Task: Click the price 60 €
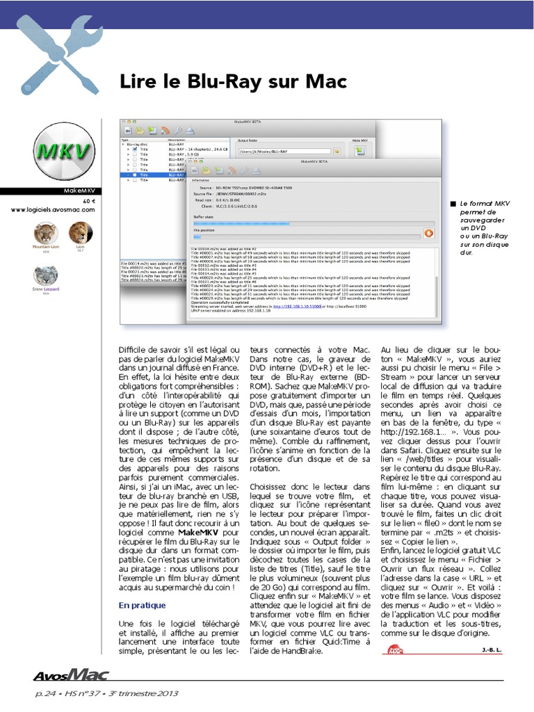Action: tap(88, 200)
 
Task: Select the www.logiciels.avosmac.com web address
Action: tap(54, 209)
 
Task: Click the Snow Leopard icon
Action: tap(45, 276)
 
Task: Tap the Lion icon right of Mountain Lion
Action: tap(79, 233)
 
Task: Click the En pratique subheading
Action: tap(142, 605)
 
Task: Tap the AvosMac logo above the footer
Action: tap(70, 674)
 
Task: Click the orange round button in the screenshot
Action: tap(429, 234)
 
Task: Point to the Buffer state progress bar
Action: tap(306, 223)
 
